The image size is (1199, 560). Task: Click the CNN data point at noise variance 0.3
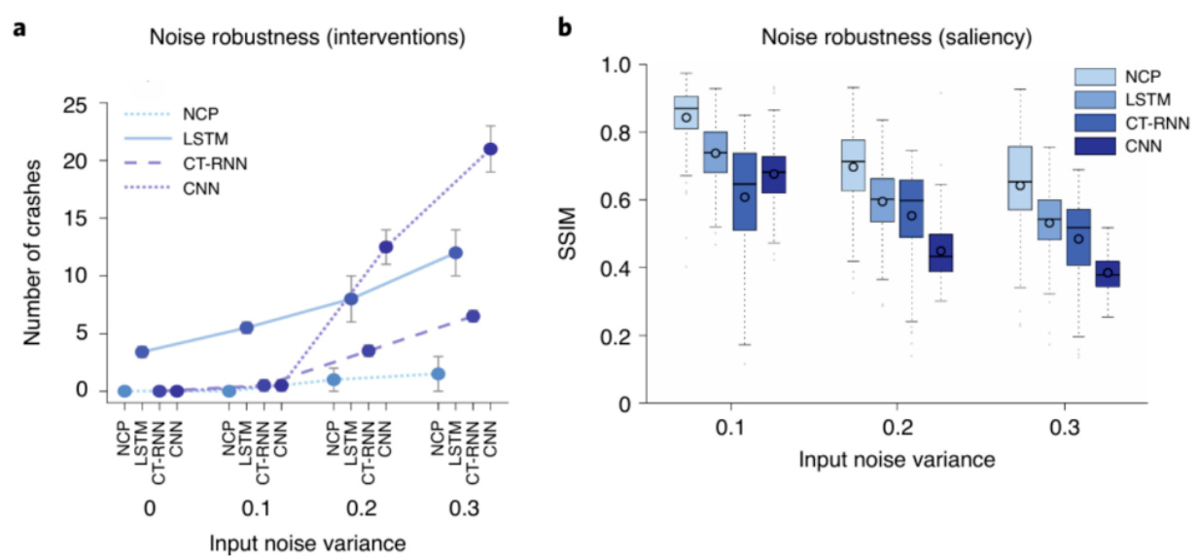[491, 149]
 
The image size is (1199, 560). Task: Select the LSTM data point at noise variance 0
[142, 352]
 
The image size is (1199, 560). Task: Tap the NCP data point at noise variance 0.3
[439, 373]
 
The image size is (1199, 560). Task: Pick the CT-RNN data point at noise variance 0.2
[369, 350]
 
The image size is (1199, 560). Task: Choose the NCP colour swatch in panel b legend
[1094, 77]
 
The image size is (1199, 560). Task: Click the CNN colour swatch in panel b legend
[1094, 147]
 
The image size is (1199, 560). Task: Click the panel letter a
[18, 29]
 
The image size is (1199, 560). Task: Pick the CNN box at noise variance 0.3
[1107, 273]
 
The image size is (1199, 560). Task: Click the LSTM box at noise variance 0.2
[882, 200]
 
